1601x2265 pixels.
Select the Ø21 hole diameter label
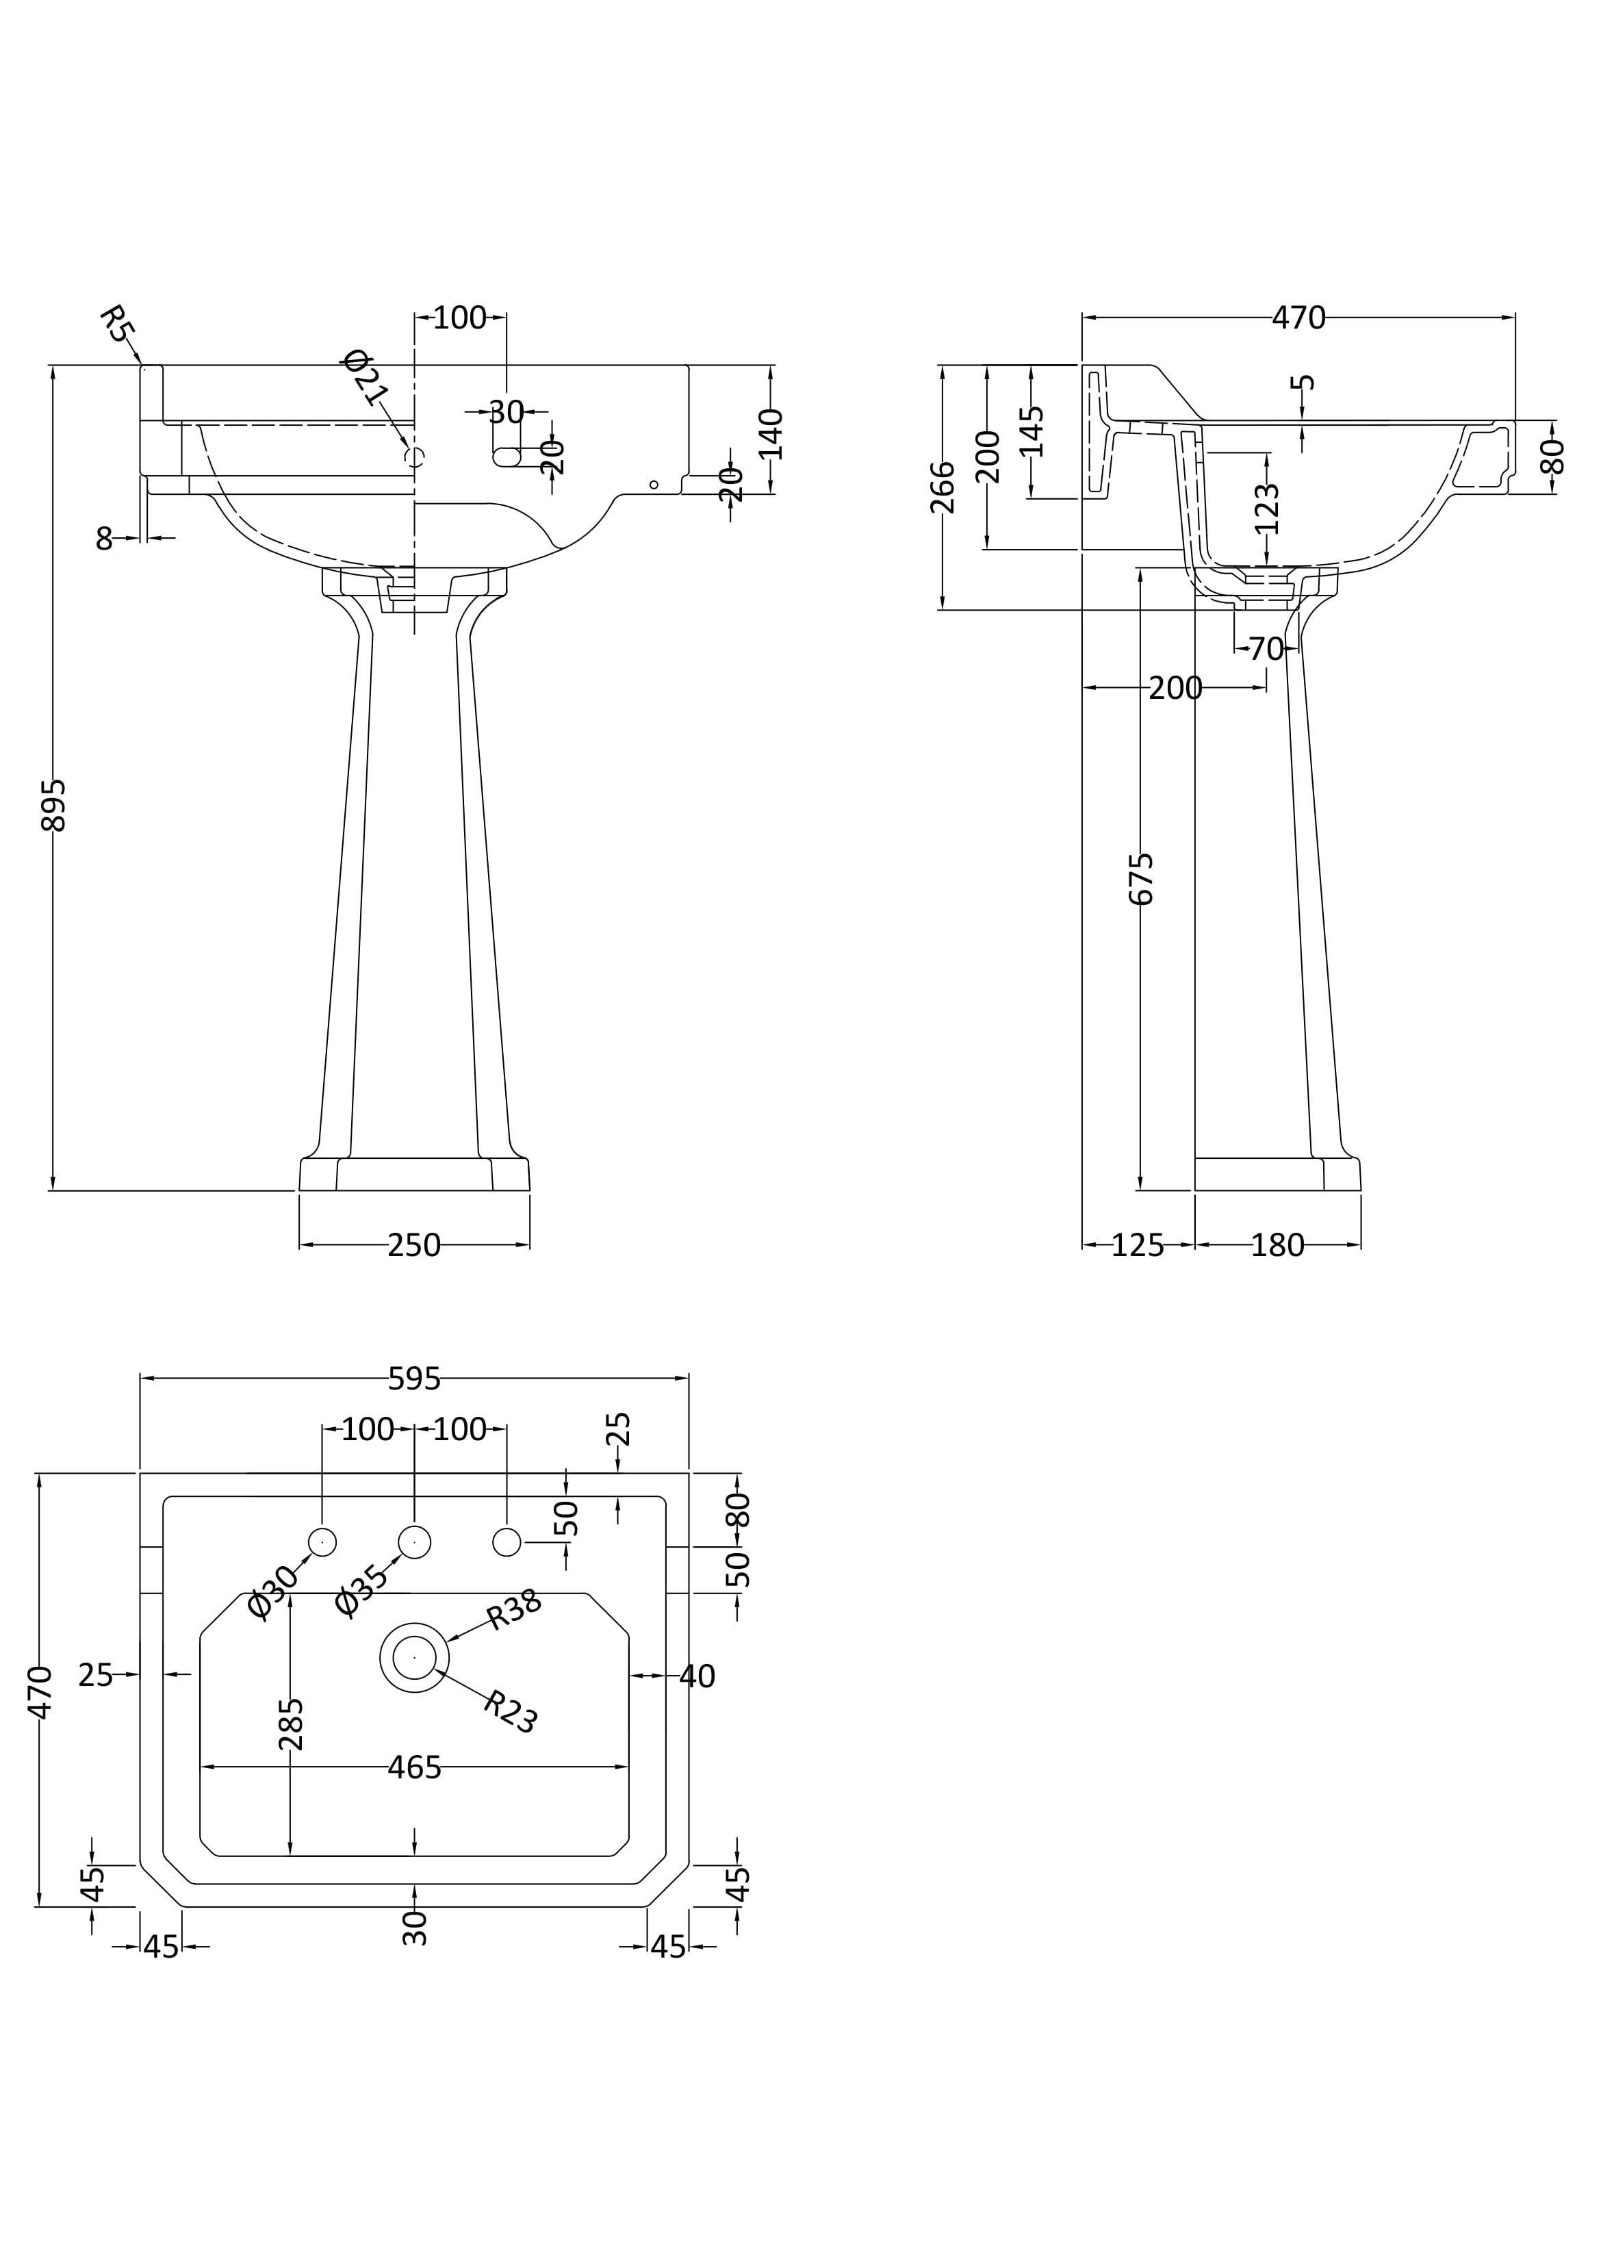[x=365, y=377]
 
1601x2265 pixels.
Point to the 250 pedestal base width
[x=414, y=1246]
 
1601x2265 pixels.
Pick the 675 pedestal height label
[x=1140, y=878]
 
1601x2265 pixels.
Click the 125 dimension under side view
[x=1138, y=1246]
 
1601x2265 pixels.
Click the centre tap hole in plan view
[x=414, y=1542]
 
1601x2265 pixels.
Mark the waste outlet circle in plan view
[x=414, y=1657]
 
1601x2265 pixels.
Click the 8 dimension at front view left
[x=105, y=539]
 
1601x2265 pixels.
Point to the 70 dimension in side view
[x=1266, y=649]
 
